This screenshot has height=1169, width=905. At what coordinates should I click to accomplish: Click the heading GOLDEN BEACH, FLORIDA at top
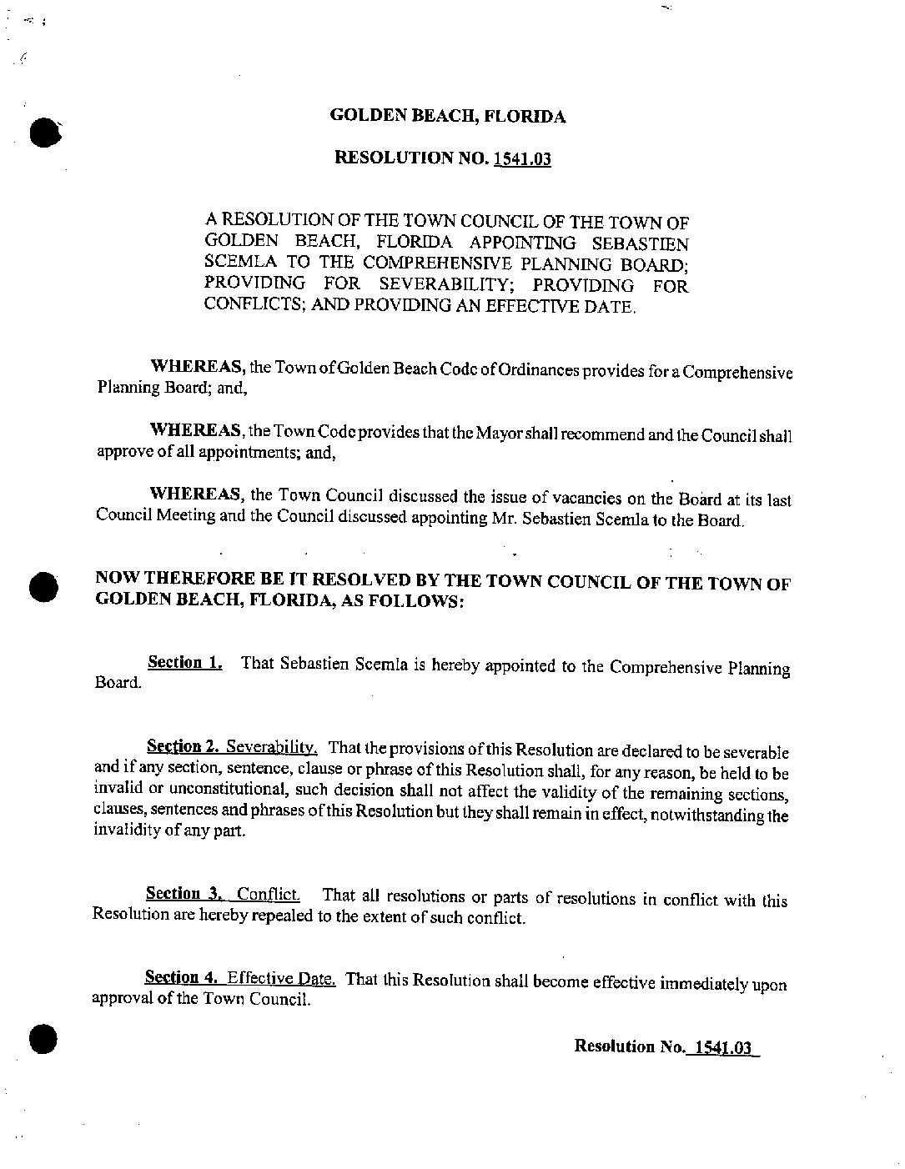pos(448,117)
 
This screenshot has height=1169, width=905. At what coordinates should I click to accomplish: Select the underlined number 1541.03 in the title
pos(522,159)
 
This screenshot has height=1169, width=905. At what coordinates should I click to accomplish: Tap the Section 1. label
pos(184,663)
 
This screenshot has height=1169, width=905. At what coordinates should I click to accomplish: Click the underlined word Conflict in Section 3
pos(267,895)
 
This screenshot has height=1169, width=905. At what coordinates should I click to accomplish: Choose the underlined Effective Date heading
pos(281,978)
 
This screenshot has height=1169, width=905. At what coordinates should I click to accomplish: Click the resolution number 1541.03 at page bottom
pos(721,1047)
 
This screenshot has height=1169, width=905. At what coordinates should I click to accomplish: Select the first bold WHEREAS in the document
pos(196,367)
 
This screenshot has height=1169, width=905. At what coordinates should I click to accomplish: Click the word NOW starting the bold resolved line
pos(118,578)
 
